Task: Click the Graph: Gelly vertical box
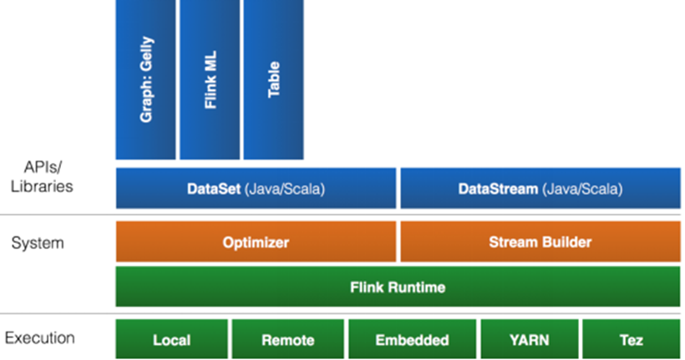click(x=145, y=79)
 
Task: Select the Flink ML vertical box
click(x=210, y=79)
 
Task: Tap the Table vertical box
click(x=273, y=79)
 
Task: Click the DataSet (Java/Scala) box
click(x=256, y=188)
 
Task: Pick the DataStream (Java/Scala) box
click(x=540, y=188)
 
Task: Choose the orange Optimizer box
click(x=256, y=241)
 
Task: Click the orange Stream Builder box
click(x=540, y=241)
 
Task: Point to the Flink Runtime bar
click(x=398, y=286)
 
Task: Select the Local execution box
click(x=172, y=339)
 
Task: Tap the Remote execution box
click(x=288, y=339)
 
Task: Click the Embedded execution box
click(x=412, y=339)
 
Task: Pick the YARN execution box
click(x=530, y=339)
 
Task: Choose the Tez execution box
click(x=632, y=339)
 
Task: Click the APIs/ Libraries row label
click(x=42, y=177)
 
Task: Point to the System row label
click(x=38, y=243)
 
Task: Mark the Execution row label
click(x=40, y=337)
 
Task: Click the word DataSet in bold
click(x=214, y=189)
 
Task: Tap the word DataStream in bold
click(x=498, y=189)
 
